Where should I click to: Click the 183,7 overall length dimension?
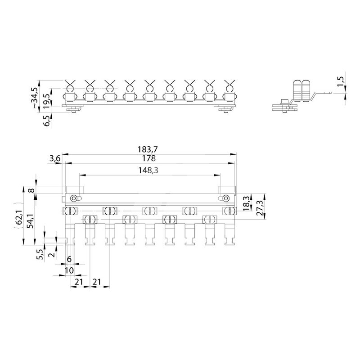(148, 149)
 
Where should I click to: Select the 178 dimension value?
(149, 158)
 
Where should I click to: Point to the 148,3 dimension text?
(148, 171)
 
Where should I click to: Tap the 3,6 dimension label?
(54, 158)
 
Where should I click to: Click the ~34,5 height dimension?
(35, 97)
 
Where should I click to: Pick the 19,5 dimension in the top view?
(46, 100)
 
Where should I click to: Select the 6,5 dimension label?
(47, 121)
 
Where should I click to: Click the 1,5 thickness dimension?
(341, 81)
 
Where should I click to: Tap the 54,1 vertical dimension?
(30, 221)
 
